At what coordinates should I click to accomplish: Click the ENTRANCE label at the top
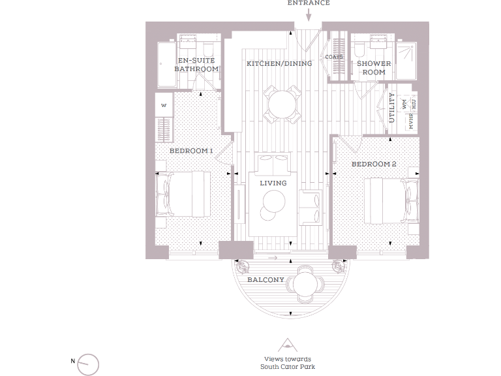pos(309,3)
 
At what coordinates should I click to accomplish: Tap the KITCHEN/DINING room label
pos(279,63)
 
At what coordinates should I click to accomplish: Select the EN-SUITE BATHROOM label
pos(196,65)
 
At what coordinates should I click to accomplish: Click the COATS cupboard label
pos(334,57)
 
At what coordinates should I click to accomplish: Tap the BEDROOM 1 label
pos(191,151)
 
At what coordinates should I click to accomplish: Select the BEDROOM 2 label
pos(374,164)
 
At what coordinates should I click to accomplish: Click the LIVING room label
pos(273,183)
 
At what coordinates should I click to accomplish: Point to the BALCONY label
pos(266,280)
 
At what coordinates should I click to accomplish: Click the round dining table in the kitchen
pos(281,103)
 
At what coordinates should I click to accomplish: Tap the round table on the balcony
pos(305,284)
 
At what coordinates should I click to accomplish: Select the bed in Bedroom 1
pos(187,194)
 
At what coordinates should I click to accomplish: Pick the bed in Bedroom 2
pos(390,199)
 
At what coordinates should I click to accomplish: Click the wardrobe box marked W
pos(164,104)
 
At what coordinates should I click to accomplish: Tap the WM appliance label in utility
pos(404,104)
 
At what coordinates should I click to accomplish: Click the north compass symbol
pos(88,364)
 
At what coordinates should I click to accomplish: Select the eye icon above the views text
pos(287,345)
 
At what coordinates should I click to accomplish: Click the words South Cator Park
pos(288,366)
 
